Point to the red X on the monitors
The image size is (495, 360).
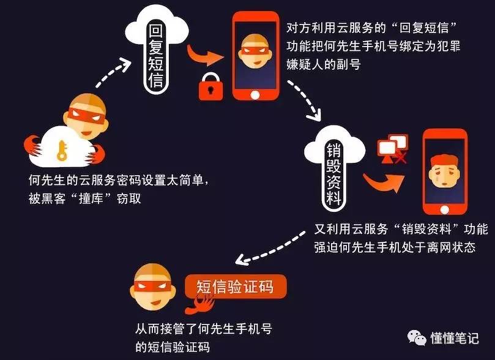click(x=401, y=159)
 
